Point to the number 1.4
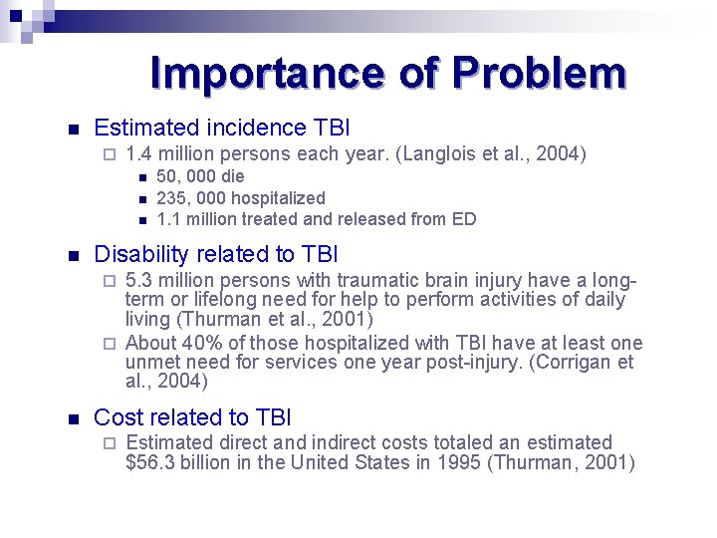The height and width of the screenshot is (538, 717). (x=140, y=153)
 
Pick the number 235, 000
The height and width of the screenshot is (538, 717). (x=178, y=198)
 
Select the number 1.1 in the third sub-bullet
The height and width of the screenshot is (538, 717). (x=168, y=219)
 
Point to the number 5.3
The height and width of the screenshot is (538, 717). (x=139, y=281)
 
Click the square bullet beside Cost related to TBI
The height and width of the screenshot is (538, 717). (x=71, y=418)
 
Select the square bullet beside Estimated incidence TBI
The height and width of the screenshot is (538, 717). (x=71, y=129)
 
